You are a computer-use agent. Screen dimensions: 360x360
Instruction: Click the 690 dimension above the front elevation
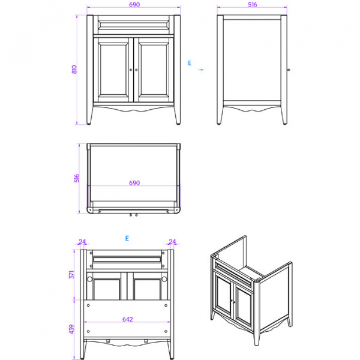134,4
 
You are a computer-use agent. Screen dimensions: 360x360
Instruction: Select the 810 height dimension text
74,70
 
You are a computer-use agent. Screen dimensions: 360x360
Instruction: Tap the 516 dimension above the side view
252,4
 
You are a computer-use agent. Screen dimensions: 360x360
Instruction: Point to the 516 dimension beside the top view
76,178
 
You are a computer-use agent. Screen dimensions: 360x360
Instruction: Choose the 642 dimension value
127,319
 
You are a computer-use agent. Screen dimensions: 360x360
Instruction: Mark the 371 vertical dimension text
71,274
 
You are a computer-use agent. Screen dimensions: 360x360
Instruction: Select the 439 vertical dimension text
71,329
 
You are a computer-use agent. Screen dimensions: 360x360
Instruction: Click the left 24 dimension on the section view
82,242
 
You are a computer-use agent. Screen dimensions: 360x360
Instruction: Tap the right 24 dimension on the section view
173,242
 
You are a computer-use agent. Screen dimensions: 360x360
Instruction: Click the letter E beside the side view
189,62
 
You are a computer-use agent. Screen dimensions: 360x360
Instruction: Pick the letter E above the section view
127,238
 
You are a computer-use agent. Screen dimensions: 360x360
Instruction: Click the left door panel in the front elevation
113,70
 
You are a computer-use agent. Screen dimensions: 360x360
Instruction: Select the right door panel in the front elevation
154,70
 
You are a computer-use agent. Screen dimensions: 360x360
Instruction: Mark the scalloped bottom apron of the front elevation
134,110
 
